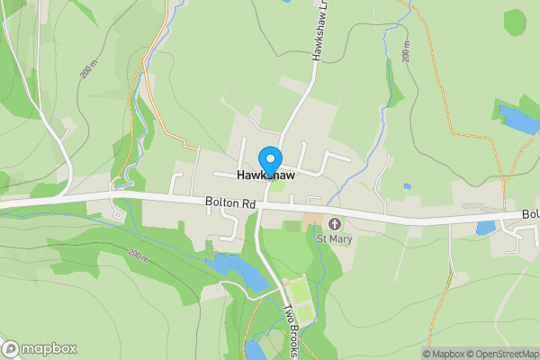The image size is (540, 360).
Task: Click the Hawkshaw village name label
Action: click(266, 175)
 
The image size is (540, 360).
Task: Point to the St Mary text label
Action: click(334, 239)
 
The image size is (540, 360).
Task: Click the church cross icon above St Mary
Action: click(335, 223)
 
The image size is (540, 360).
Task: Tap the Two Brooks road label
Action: click(292, 329)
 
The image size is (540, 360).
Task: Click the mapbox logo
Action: click(40, 348)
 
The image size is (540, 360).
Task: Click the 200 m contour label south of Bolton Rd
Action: click(138, 256)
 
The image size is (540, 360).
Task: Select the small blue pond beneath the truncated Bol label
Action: click(486, 228)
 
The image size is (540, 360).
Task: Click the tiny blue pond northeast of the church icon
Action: click(408, 186)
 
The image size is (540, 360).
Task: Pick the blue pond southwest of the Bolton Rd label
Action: click(237, 271)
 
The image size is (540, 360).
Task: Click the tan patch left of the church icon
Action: click(310, 220)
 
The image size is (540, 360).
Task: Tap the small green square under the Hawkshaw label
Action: click(278, 186)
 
